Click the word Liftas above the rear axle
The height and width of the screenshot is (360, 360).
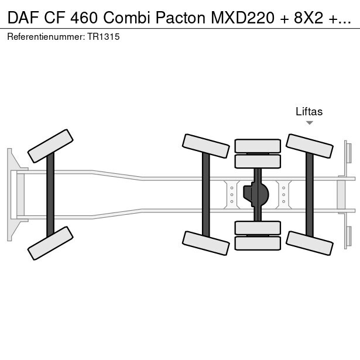tap(309, 112)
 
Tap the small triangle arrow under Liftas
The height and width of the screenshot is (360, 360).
tap(310, 123)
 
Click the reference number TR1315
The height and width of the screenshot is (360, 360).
tap(104, 37)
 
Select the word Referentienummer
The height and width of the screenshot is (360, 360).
tap(45, 37)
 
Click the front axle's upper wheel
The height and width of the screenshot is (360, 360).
tap(51, 146)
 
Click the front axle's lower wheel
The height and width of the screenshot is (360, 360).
tap(51, 243)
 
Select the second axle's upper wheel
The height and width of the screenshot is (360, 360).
tap(205, 146)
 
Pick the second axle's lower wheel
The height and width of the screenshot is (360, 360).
tap(205, 243)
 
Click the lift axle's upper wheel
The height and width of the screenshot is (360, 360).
tap(309, 146)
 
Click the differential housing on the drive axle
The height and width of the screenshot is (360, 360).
tap(258, 194)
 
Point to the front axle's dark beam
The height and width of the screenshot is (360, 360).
tap(50, 194)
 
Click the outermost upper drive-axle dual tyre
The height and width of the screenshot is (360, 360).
tap(258, 146)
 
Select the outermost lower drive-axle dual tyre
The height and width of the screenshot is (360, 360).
tap(258, 243)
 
